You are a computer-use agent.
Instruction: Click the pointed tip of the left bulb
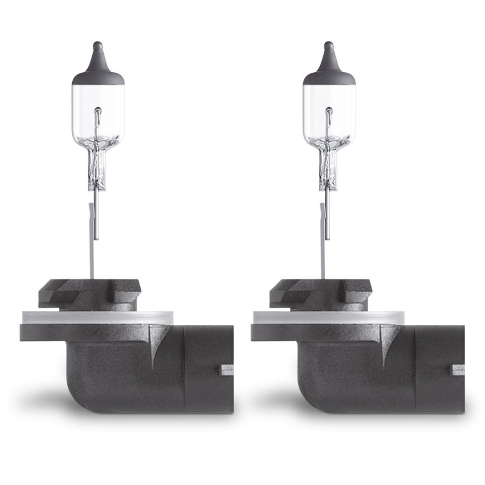point(98,45)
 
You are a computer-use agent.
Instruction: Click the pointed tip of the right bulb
point(329,45)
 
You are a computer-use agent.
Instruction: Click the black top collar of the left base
point(91,293)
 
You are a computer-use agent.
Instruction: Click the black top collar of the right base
point(322,293)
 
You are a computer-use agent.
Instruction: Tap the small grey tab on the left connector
point(227,369)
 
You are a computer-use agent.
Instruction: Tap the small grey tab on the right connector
point(458,369)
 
